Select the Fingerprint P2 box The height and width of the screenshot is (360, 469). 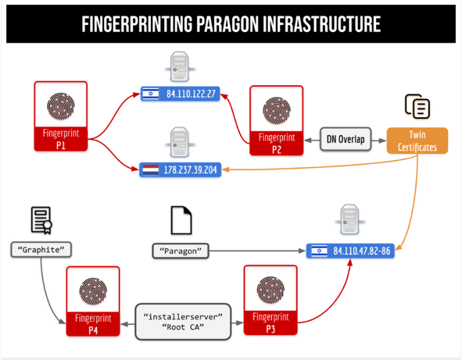coord(276,119)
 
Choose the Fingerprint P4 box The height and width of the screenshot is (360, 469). coord(93,301)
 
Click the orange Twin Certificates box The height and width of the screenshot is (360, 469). coord(417,140)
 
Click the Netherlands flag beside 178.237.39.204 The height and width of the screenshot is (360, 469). coord(150,169)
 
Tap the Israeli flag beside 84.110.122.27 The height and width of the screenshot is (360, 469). coord(150,94)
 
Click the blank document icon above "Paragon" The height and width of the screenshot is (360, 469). coord(181,221)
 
